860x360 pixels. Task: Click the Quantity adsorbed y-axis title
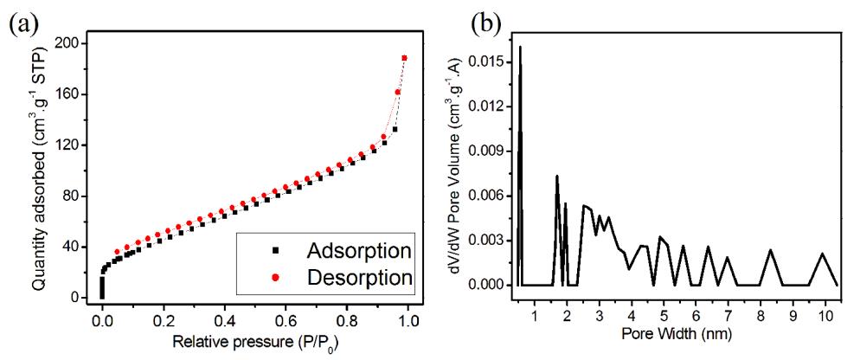tap(39, 169)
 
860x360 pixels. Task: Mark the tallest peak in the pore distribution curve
tap(520, 47)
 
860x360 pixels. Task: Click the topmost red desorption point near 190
tap(404, 58)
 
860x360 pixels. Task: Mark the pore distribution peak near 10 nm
tap(823, 254)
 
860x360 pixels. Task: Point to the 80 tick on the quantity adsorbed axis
tap(77, 196)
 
